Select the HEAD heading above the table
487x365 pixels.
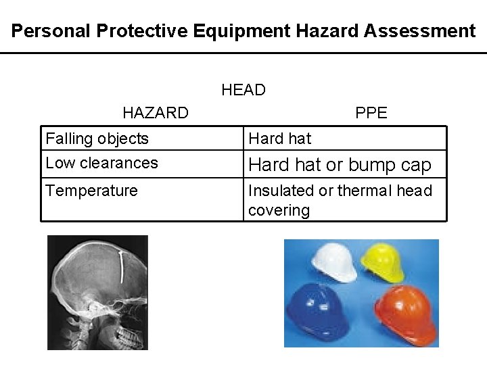(x=243, y=90)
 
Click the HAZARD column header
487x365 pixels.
(x=156, y=113)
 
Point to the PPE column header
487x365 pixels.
(x=371, y=113)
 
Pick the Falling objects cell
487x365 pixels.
(x=97, y=139)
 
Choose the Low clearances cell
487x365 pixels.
(x=101, y=163)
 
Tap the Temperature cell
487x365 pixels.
(x=91, y=191)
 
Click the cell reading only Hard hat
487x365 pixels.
(x=279, y=139)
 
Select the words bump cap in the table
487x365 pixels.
(x=403, y=165)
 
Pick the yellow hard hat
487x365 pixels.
(x=384, y=262)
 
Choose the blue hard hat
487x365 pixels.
(x=319, y=313)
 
